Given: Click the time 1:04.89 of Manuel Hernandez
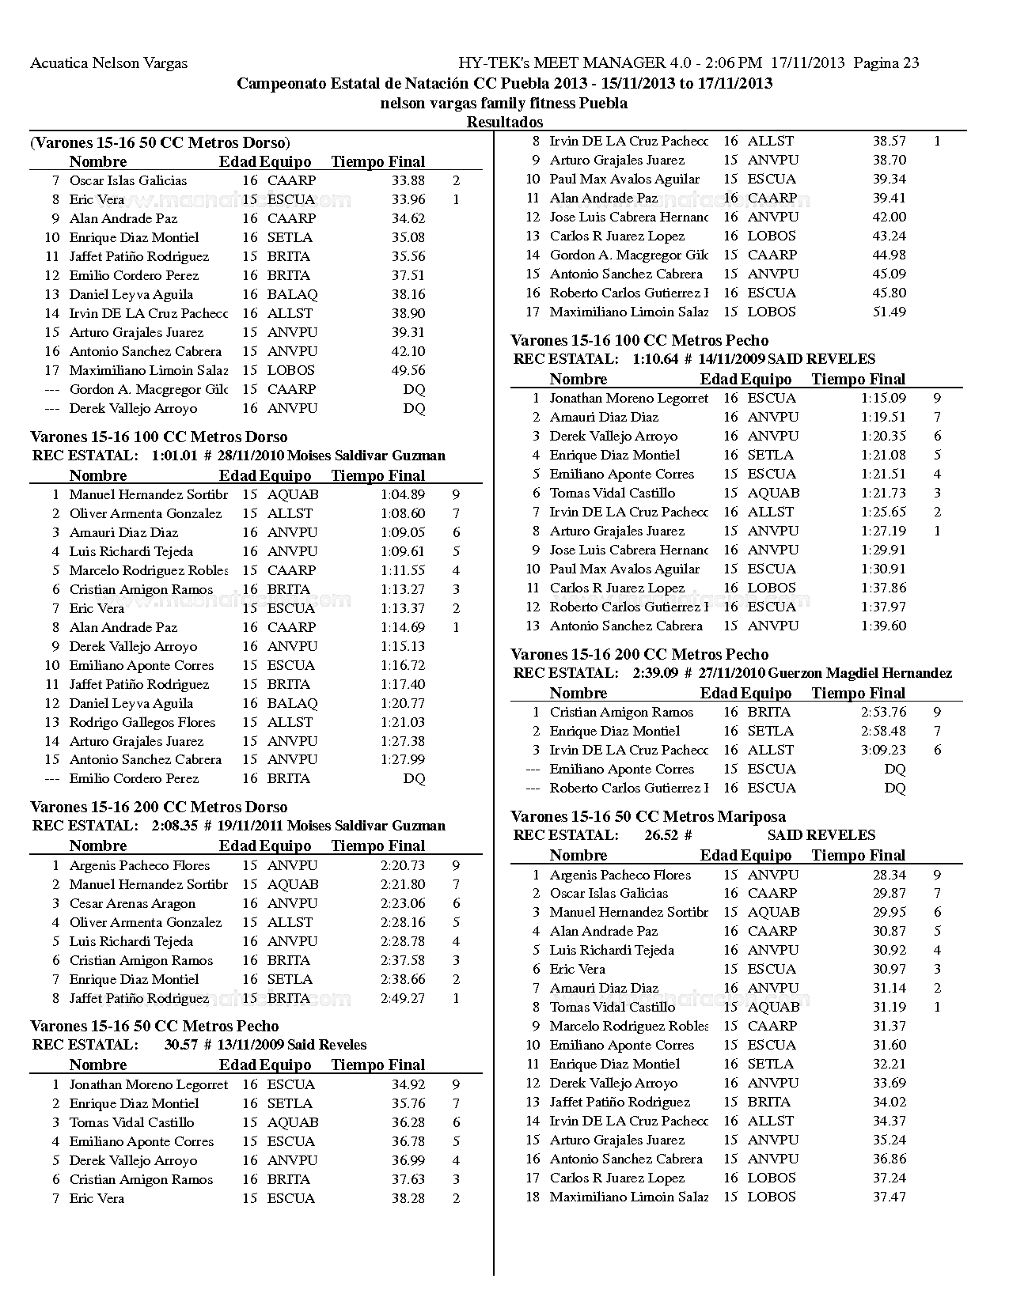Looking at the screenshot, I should (403, 494).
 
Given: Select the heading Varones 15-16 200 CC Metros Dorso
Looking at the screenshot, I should (158, 807).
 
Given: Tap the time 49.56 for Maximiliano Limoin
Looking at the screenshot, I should (408, 370).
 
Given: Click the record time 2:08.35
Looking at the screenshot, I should (174, 826).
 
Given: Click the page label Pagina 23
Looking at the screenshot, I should (886, 63).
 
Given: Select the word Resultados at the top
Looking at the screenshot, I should (505, 122).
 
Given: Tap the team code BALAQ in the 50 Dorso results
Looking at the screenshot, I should (292, 294).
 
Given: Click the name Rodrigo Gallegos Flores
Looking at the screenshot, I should (142, 722).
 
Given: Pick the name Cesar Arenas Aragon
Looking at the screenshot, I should (132, 903).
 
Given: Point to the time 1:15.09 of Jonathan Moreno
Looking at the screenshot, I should (883, 398).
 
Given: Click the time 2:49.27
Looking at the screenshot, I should (403, 998).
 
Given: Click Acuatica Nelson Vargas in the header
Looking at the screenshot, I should (109, 63).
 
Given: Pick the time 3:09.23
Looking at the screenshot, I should (883, 750).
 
